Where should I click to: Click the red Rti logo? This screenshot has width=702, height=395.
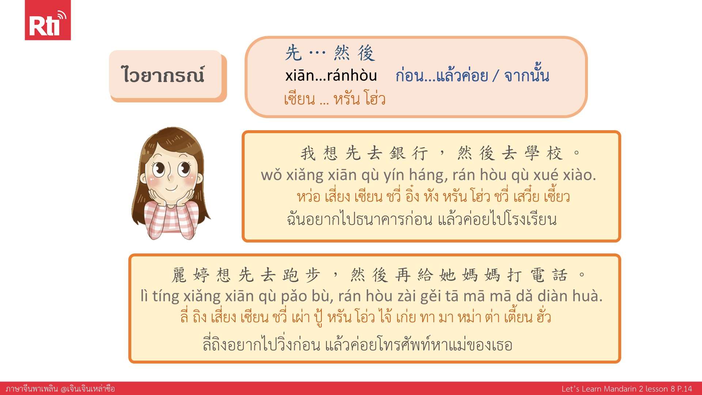tap(48, 20)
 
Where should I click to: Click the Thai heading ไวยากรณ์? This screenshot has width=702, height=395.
tap(163, 75)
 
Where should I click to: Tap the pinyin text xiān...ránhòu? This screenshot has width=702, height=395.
tap(331, 75)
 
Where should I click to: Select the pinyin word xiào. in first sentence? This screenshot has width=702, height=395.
tap(580, 175)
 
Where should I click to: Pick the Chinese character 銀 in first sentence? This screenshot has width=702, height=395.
tap(398, 153)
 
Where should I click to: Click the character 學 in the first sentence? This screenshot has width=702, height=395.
tap(532, 153)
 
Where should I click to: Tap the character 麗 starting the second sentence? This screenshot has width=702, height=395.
tap(179, 275)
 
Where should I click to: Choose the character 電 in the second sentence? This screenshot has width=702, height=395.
tap(537, 275)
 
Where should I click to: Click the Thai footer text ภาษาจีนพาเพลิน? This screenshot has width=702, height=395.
tap(32, 388)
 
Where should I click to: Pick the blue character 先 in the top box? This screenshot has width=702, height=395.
tap(294, 53)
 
